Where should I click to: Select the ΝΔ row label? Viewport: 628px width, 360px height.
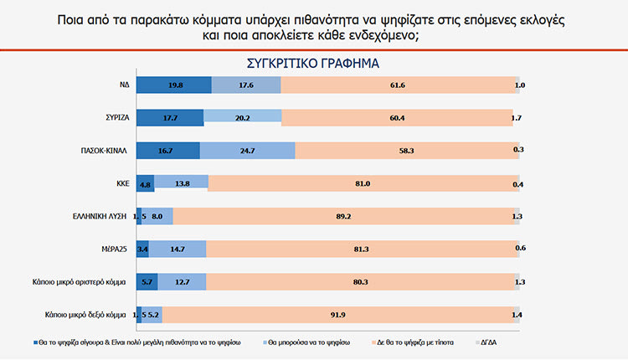coord(123,85)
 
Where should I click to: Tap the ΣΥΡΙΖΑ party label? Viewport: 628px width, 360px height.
coord(116,117)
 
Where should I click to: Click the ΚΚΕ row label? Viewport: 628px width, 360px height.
coord(121,183)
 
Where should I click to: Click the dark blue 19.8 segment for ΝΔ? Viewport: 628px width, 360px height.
coord(173,85)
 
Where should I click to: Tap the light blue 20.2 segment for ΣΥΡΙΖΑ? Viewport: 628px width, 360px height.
coord(242,117)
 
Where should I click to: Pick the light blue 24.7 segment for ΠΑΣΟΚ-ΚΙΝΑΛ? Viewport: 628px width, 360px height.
coord(247,150)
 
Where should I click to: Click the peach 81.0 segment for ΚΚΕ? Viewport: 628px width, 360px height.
coord(363,183)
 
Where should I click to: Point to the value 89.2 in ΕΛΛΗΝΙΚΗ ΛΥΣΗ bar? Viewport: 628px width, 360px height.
coord(343,216)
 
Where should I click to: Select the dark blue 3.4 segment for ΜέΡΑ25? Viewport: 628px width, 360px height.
coord(142,249)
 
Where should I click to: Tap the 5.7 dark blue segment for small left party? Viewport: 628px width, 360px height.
coord(147,282)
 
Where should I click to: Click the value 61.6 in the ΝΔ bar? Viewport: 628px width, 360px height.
coord(398,85)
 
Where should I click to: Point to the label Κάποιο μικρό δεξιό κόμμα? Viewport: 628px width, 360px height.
coord(85,315)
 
